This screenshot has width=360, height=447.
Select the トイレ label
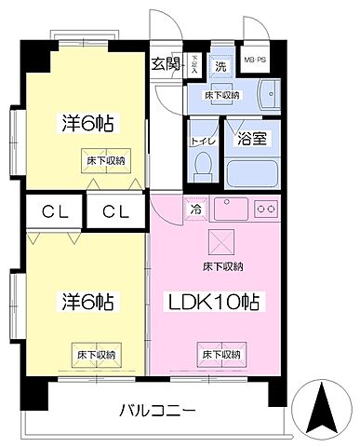198,141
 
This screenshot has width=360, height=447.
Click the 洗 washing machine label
221,66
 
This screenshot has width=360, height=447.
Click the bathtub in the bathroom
252,173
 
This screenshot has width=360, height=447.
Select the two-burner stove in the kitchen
268,208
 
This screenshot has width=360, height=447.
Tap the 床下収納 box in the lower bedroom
96,354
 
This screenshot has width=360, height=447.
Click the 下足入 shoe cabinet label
194,64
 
